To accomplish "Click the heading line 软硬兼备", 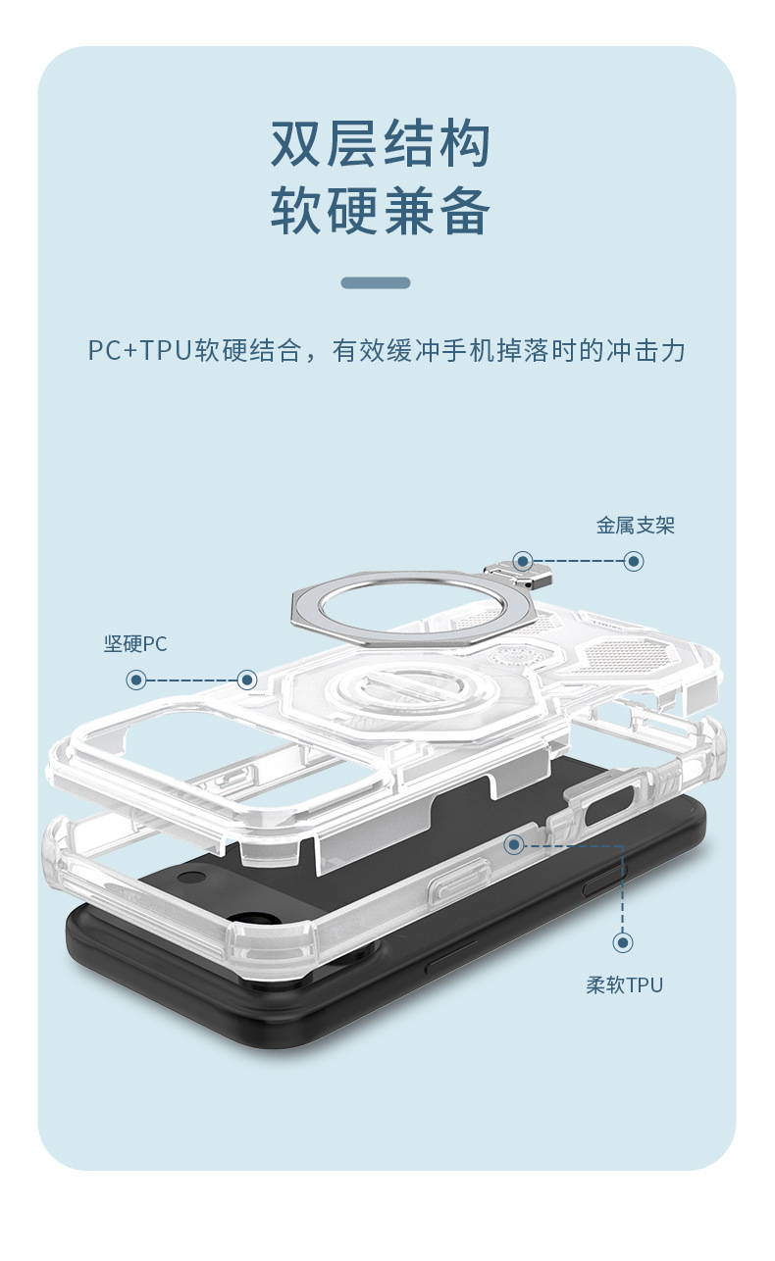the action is [x=381, y=210].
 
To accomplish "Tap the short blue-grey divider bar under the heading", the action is [x=376, y=283].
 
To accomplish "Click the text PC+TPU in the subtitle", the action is [x=137, y=351].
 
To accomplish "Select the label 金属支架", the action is [x=636, y=526].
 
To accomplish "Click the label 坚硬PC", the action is [x=135, y=644].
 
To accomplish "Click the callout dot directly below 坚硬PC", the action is [x=136, y=680].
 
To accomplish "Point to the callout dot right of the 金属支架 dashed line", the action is [x=634, y=561].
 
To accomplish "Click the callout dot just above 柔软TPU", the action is [x=623, y=942].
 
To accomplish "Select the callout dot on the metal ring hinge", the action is [x=523, y=562].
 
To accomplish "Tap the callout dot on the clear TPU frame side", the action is [x=514, y=844].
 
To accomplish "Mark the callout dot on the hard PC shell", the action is [x=248, y=680].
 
